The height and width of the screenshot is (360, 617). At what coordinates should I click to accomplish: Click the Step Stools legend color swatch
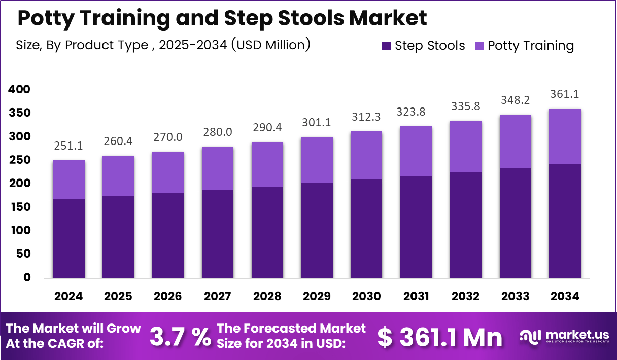pyautogui.click(x=387, y=46)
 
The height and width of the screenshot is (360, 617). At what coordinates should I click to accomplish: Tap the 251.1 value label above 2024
pyautogui.click(x=69, y=146)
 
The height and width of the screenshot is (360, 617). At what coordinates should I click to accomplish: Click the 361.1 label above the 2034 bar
pyautogui.click(x=564, y=94)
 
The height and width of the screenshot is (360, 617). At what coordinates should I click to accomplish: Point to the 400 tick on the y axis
pyautogui.click(x=19, y=89)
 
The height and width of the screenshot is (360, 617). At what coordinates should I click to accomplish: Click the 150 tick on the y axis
pyautogui.click(x=19, y=207)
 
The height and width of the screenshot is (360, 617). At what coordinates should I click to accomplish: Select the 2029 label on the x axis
pyautogui.click(x=317, y=296)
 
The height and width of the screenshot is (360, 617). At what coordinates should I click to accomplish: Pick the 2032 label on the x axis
pyautogui.click(x=465, y=296)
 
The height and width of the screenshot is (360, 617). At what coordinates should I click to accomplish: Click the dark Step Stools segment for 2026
pyautogui.click(x=168, y=236)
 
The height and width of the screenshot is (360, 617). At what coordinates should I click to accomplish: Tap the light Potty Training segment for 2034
pyautogui.click(x=565, y=136)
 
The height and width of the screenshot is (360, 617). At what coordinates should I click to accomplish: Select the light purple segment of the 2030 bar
pyautogui.click(x=366, y=155)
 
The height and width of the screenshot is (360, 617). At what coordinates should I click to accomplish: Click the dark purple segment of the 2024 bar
pyautogui.click(x=69, y=238)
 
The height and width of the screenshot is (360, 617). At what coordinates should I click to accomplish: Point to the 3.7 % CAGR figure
pyautogui.click(x=181, y=336)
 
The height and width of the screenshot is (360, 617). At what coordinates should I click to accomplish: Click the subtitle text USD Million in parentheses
pyautogui.click(x=270, y=45)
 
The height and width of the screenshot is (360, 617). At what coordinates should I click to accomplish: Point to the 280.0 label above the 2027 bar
pyautogui.click(x=218, y=132)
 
